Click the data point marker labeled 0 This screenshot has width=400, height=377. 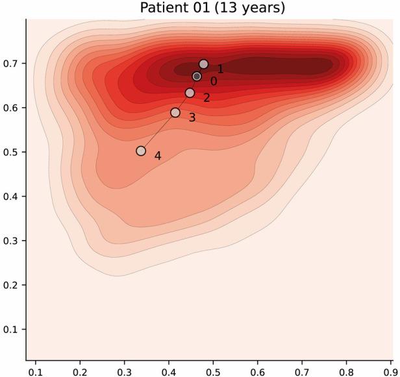click(197, 77)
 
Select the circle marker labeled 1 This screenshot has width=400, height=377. click(203, 64)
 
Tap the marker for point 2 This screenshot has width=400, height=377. click(190, 93)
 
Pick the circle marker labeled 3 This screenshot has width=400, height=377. click(175, 113)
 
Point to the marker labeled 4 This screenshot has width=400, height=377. click(141, 151)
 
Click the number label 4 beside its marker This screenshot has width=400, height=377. click(158, 156)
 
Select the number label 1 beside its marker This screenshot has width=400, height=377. click(220, 69)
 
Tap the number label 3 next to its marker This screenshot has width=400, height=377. click(192, 118)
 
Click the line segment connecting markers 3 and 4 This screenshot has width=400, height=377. click(158, 132)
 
